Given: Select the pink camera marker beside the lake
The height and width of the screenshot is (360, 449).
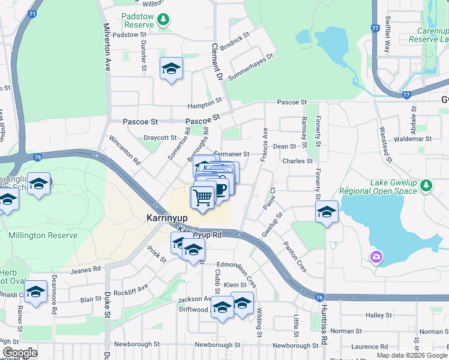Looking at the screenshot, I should (376, 257).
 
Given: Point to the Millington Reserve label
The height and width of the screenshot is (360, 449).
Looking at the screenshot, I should (43, 235).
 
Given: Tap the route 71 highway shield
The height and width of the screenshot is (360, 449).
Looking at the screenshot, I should (32, 13).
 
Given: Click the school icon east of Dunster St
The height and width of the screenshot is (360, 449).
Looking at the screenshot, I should (171, 68).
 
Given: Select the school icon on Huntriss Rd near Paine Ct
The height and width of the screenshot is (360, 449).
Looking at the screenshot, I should (327, 212).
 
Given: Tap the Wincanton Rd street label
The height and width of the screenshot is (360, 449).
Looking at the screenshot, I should (124, 150).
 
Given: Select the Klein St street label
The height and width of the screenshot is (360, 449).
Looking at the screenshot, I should (235, 284).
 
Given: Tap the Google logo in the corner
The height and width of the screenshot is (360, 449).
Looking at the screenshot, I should (20, 353).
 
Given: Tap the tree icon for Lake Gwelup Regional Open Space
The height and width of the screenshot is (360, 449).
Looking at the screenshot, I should (426, 185).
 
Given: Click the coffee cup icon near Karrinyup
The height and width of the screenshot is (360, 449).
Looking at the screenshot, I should (221, 188).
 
